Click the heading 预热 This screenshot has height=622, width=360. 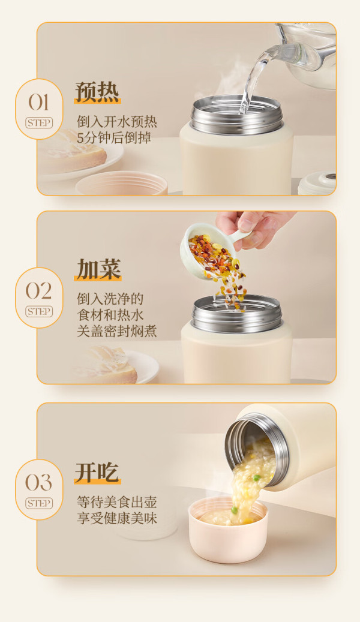(x=97, y=92)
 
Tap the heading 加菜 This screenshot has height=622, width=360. (x=98, y=269)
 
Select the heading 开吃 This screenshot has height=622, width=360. (x=97, y=473)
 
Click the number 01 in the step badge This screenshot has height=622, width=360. (x=38, y=103)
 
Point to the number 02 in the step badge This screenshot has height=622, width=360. (x=39, y=291)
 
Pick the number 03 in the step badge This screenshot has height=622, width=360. (x=39, y=482)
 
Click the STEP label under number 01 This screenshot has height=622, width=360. (x=39, y=123)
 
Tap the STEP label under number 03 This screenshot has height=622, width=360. (x=39, y=503)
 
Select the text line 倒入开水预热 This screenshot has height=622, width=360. (x=116, y=121)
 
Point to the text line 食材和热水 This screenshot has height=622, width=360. (x=110, y=315)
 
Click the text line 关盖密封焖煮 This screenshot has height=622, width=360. (x=116, y=331)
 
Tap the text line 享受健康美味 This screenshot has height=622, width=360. (x=116, y=518)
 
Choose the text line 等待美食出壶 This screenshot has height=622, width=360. (x=116, y=502)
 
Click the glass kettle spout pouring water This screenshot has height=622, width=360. (x=278, y=52)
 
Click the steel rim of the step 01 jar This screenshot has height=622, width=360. (x=236, y=115)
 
